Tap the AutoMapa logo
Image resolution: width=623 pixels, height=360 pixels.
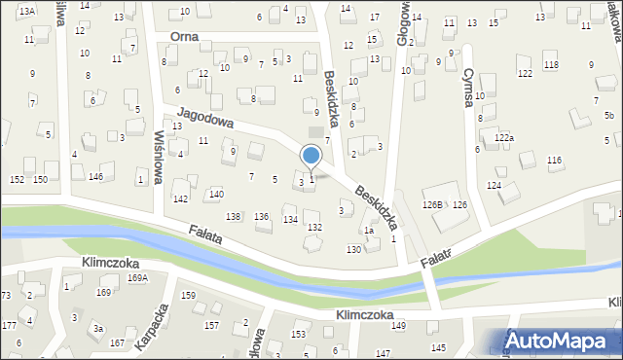tap(560, 341)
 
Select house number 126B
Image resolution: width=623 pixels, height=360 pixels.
tap(432, 204)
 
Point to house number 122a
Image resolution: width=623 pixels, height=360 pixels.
tap(503, 138)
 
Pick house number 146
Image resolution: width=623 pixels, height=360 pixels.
tap(95, 176)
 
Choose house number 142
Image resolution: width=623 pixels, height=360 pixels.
tap(180, 198)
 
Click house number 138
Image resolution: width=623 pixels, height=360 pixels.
tap(234, 215)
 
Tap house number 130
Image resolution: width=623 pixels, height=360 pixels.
tap(354, 250)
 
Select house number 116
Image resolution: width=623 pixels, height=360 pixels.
tap(555, 160)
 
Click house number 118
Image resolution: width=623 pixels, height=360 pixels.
tap(551, 64)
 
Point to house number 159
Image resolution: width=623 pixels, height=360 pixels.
tap(188, 295)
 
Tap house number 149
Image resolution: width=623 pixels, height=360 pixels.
tap(397, 325)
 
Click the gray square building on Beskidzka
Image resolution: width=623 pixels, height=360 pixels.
tap(313, 131)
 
